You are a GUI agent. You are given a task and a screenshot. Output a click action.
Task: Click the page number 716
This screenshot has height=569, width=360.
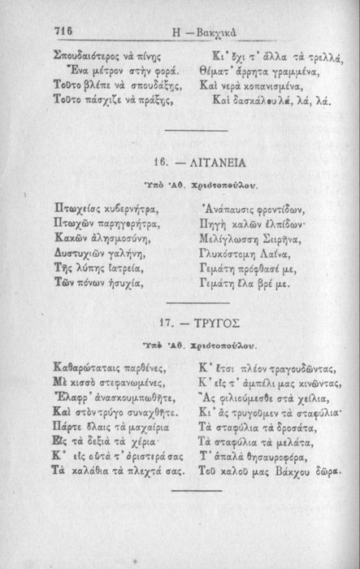click(64, 29)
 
